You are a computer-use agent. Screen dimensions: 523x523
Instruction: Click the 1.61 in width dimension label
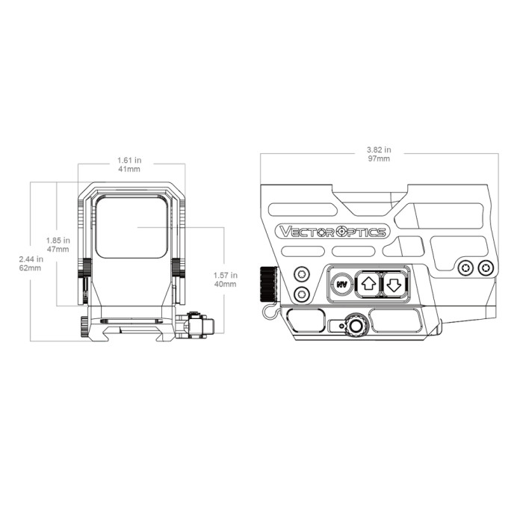[x=130, y=164]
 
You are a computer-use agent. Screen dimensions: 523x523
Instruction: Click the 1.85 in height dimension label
[x=58, y=244]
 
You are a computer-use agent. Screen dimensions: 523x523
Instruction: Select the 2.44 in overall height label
[x=31, y=263]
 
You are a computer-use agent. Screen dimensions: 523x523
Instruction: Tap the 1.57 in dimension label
[x=224, y=279]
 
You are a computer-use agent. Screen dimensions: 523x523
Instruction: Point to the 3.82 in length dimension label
[x=379, y=154]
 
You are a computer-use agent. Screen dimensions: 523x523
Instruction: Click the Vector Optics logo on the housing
[x=331, y=231]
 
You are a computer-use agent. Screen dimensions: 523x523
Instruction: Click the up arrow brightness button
[x=368, y=283]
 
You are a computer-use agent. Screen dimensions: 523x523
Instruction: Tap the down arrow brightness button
[x=394, y=283]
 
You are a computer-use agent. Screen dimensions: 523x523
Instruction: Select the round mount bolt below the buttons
[x=355, y=325]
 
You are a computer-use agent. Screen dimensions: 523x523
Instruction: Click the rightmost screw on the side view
[x=486, y=267]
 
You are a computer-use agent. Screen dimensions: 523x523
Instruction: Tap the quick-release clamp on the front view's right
[x=198, y=326]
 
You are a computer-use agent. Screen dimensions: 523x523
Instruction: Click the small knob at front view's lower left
[x=83, y=325]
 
